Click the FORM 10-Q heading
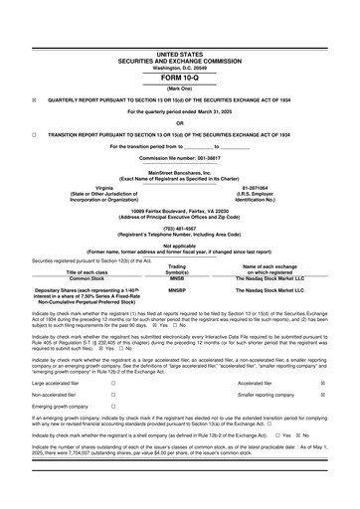pyautogui.click(x=179, y=76)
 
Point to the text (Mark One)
pyautogui.click(x=179, y=87)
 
